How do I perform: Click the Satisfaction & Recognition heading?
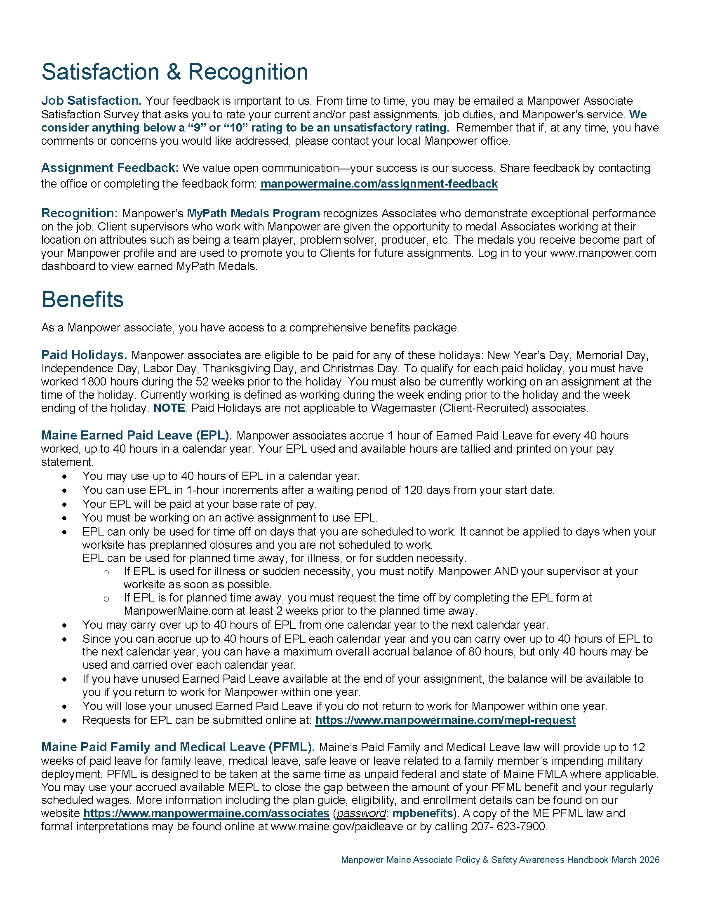click(x=174, y=72)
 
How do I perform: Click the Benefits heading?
click(x=82, y=299)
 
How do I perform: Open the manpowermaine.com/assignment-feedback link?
click(x=379, y=184)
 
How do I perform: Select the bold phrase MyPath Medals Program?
click(x=253, y=214)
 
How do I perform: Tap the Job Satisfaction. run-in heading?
click(x=92, y=101)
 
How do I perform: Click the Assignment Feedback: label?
click(x=110, y=168)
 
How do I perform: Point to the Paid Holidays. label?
click(x=84, y=355)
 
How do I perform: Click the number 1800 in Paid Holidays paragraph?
click(x=91, y=382)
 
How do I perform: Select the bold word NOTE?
click(x=169, y=408)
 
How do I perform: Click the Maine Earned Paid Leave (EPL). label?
click(x=136, y=435)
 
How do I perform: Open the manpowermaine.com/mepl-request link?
click(x=445, y=720)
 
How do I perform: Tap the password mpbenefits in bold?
click(x=422, y=813)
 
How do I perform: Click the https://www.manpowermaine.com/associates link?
click(x=206, y=813)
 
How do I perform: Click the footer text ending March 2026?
click(x=500, y=860)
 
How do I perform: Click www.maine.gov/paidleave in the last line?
click(x=337, y=827)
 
